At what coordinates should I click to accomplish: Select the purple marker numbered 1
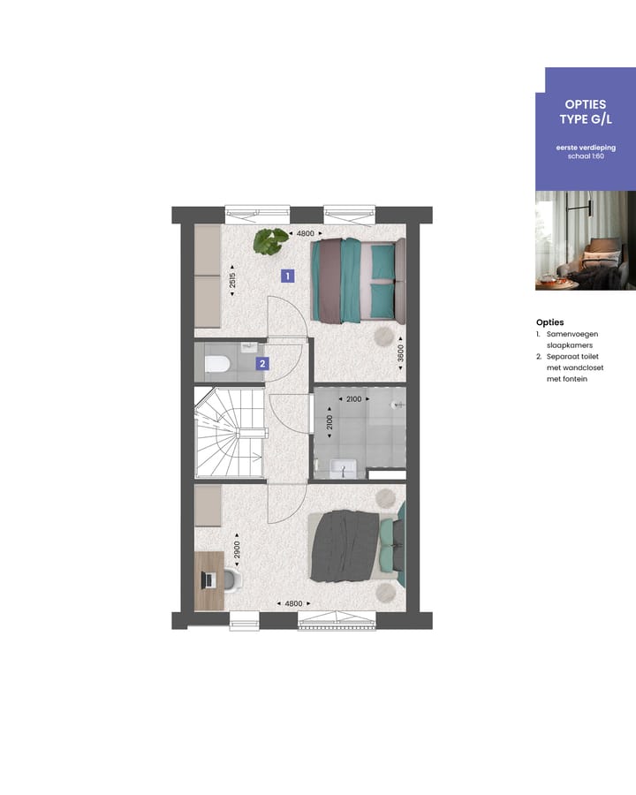(287, 276)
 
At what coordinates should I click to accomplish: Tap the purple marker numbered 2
(262, 362)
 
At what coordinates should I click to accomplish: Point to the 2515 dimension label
(232, 280)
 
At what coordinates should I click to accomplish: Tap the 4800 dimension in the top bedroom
(305, 233)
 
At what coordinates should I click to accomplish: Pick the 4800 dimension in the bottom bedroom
(293, 603)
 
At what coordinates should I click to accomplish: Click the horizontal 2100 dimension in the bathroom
(352, 399)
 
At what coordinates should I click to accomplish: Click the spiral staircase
(229, 433)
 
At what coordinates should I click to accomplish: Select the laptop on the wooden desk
(209, 579)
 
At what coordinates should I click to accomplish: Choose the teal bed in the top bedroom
(355, 280)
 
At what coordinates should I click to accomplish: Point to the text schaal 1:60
(585, 155)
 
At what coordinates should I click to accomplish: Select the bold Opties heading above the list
(549, 322)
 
